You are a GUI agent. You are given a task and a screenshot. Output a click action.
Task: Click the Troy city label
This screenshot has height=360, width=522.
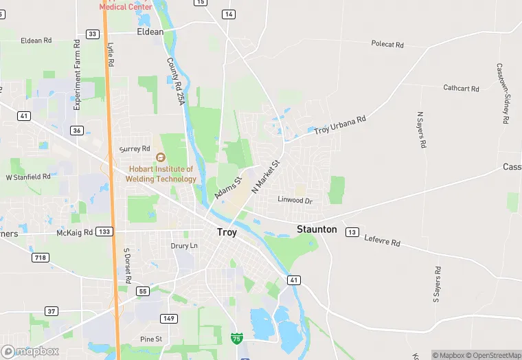(x=227, y=232)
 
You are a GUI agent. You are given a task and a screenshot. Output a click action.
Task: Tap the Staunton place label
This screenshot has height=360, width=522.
(x=317, y=229)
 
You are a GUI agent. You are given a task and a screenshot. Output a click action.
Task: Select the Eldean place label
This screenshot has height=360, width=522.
(x=150, y=32)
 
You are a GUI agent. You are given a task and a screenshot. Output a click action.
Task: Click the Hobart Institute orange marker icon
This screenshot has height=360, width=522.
(x=161, y=157)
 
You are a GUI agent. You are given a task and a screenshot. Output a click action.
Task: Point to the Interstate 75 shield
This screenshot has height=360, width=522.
(x=236, y=338)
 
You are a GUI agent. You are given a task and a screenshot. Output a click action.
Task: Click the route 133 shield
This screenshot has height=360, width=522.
(x=104, y=232)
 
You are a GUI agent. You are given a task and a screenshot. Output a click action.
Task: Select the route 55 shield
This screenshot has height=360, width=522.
(x=143, y=291)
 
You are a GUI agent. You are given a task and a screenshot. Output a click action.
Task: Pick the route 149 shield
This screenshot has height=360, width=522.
(x=168, y=318)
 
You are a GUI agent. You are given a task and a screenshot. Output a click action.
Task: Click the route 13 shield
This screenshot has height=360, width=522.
(x=352, y=232)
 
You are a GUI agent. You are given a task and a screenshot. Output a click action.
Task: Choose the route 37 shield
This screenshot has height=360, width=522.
(x=52, y=311)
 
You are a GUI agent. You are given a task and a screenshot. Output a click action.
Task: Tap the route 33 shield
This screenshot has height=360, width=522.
(x=93, y=34)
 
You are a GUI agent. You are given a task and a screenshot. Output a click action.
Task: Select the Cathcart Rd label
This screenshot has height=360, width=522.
(x=459, y=88)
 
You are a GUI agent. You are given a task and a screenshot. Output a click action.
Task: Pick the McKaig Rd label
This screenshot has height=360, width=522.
(x=73, y=233)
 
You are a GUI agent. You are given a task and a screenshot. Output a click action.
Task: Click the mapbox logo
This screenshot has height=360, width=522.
(x=30, y=351)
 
